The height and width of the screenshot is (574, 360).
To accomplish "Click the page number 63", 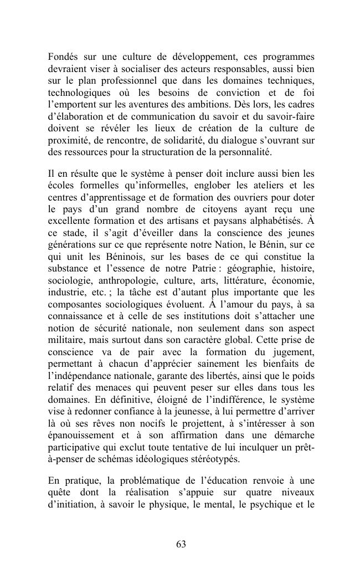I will click(x=181, y=544).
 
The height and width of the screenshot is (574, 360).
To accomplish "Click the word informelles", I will click(x=157, y=183).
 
